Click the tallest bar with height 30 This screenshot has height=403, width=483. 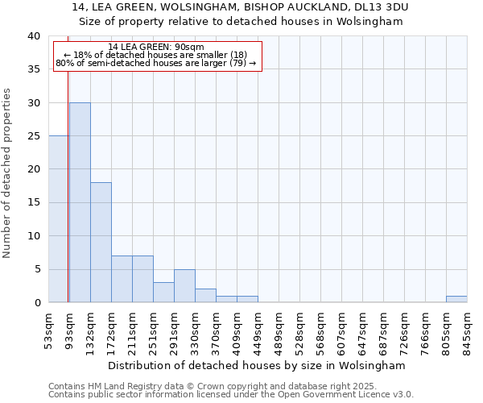point(80,202)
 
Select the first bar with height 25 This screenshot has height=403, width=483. point(58,219)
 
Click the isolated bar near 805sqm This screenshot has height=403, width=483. point(456,299)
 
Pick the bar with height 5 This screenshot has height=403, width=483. point(184,285)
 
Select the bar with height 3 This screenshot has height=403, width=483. point(163,292)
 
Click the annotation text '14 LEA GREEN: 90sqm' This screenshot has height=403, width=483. point(156,48)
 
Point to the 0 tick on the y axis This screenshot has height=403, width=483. point(36,302)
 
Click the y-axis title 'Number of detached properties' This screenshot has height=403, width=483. point(8,169)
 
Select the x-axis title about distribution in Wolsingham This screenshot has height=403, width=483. point(258,365)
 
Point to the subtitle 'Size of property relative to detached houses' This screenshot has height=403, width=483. point(242,21)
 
